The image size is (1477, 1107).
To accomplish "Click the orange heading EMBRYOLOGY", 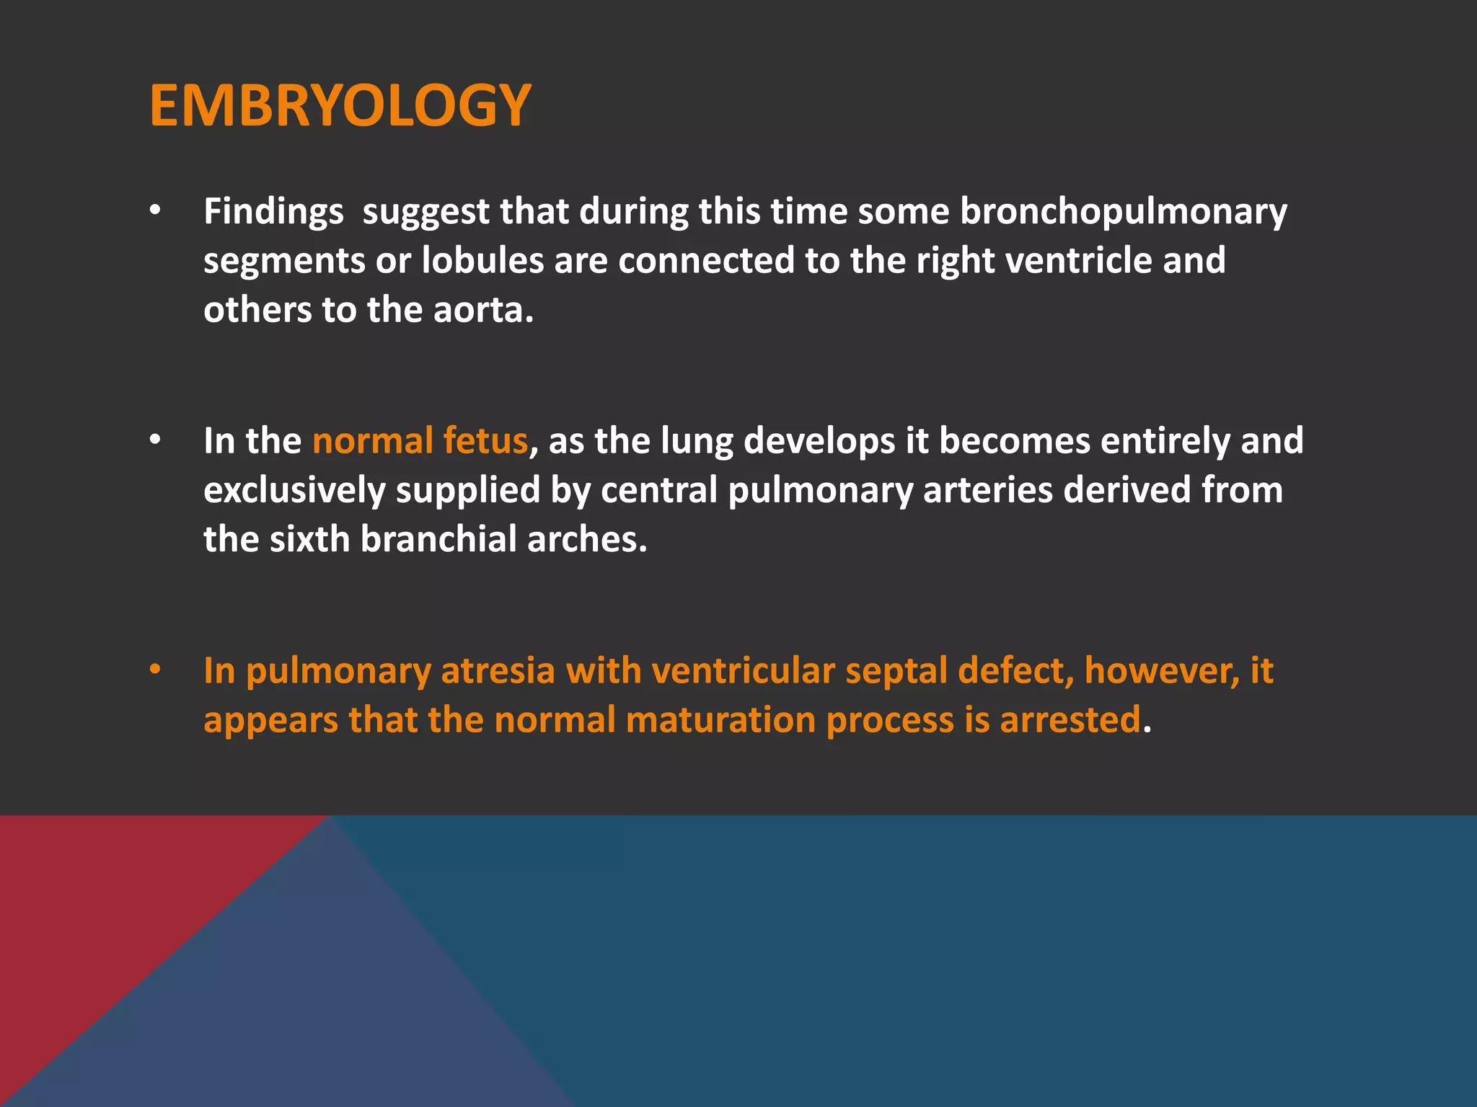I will [x=340, y=106].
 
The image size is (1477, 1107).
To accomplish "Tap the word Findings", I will [x=273, y=212].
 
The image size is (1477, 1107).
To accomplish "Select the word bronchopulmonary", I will [x=1123, y=212].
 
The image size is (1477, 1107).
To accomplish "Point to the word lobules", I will [x=482, y=260].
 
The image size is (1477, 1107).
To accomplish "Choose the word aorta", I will [x=482, y=310].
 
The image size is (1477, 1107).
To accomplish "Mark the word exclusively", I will [x=294, y=490].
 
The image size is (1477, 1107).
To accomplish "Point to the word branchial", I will [x=438, y=539].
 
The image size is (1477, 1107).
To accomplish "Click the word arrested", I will [x=1070, y=720].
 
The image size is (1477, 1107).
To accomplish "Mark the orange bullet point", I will [x=155, y=670].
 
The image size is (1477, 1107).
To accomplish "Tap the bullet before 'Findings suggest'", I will [x=155, y=211].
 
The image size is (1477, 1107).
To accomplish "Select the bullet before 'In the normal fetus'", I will [x=155, y=440].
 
